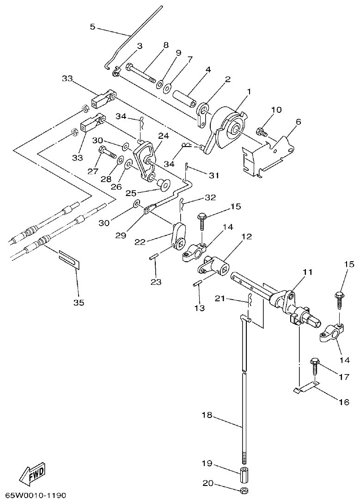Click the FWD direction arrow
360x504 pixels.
click(x=31, y=474)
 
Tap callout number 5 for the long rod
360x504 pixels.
click(x=92, y=27)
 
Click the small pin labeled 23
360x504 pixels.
click(x=155, y=258)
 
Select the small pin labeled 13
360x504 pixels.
click(x=198, y=283)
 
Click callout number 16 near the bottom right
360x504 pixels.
click(x=343, y=402)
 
